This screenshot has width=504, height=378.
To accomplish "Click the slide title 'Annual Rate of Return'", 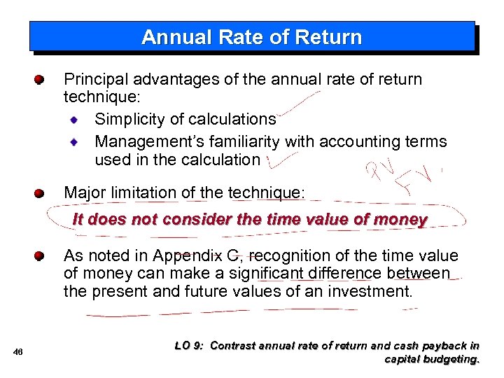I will coord(251,37).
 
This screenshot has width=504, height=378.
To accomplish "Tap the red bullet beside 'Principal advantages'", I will coord(40,79).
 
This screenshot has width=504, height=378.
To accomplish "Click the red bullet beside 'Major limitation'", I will coord(40,192).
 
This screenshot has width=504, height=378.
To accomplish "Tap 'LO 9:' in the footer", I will coord(188,345).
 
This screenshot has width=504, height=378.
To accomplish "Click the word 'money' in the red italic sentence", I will coord(400,219).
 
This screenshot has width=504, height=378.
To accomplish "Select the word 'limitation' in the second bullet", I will coord(148,192).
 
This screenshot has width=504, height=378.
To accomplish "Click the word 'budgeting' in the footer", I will coord(453,359).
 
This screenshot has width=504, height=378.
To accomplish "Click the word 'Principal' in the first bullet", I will coord(92,79).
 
